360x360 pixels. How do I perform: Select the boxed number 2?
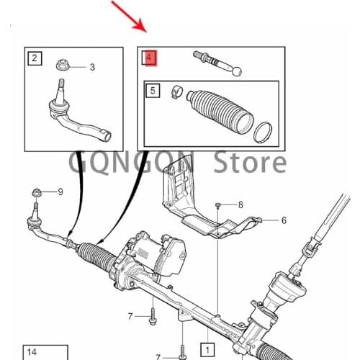pyautogui.click(x=34, y=58)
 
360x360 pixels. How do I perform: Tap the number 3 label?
pyautogui.click(x=92, y=68)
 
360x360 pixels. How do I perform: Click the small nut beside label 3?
pyautogui.click(x=63, y=67)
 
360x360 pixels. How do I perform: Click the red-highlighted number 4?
pyautogui.click(x=150, y=57)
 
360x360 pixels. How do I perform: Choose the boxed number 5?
pyautogui.click(x=153, y=91)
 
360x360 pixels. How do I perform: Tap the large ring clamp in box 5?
pyautogui.click(x=264, y=131)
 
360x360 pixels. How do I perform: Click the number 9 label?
pyautogui.click(x=60, y=192)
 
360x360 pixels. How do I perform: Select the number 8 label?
pyautogui.click(x=240, y=205)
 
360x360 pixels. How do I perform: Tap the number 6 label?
pyautogui.click(x=283, y=220)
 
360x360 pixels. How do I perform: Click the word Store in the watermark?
pyautogui.click(x=253, y=161)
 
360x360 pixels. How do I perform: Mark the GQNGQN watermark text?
pyautogui.click(x=133, y=161)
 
